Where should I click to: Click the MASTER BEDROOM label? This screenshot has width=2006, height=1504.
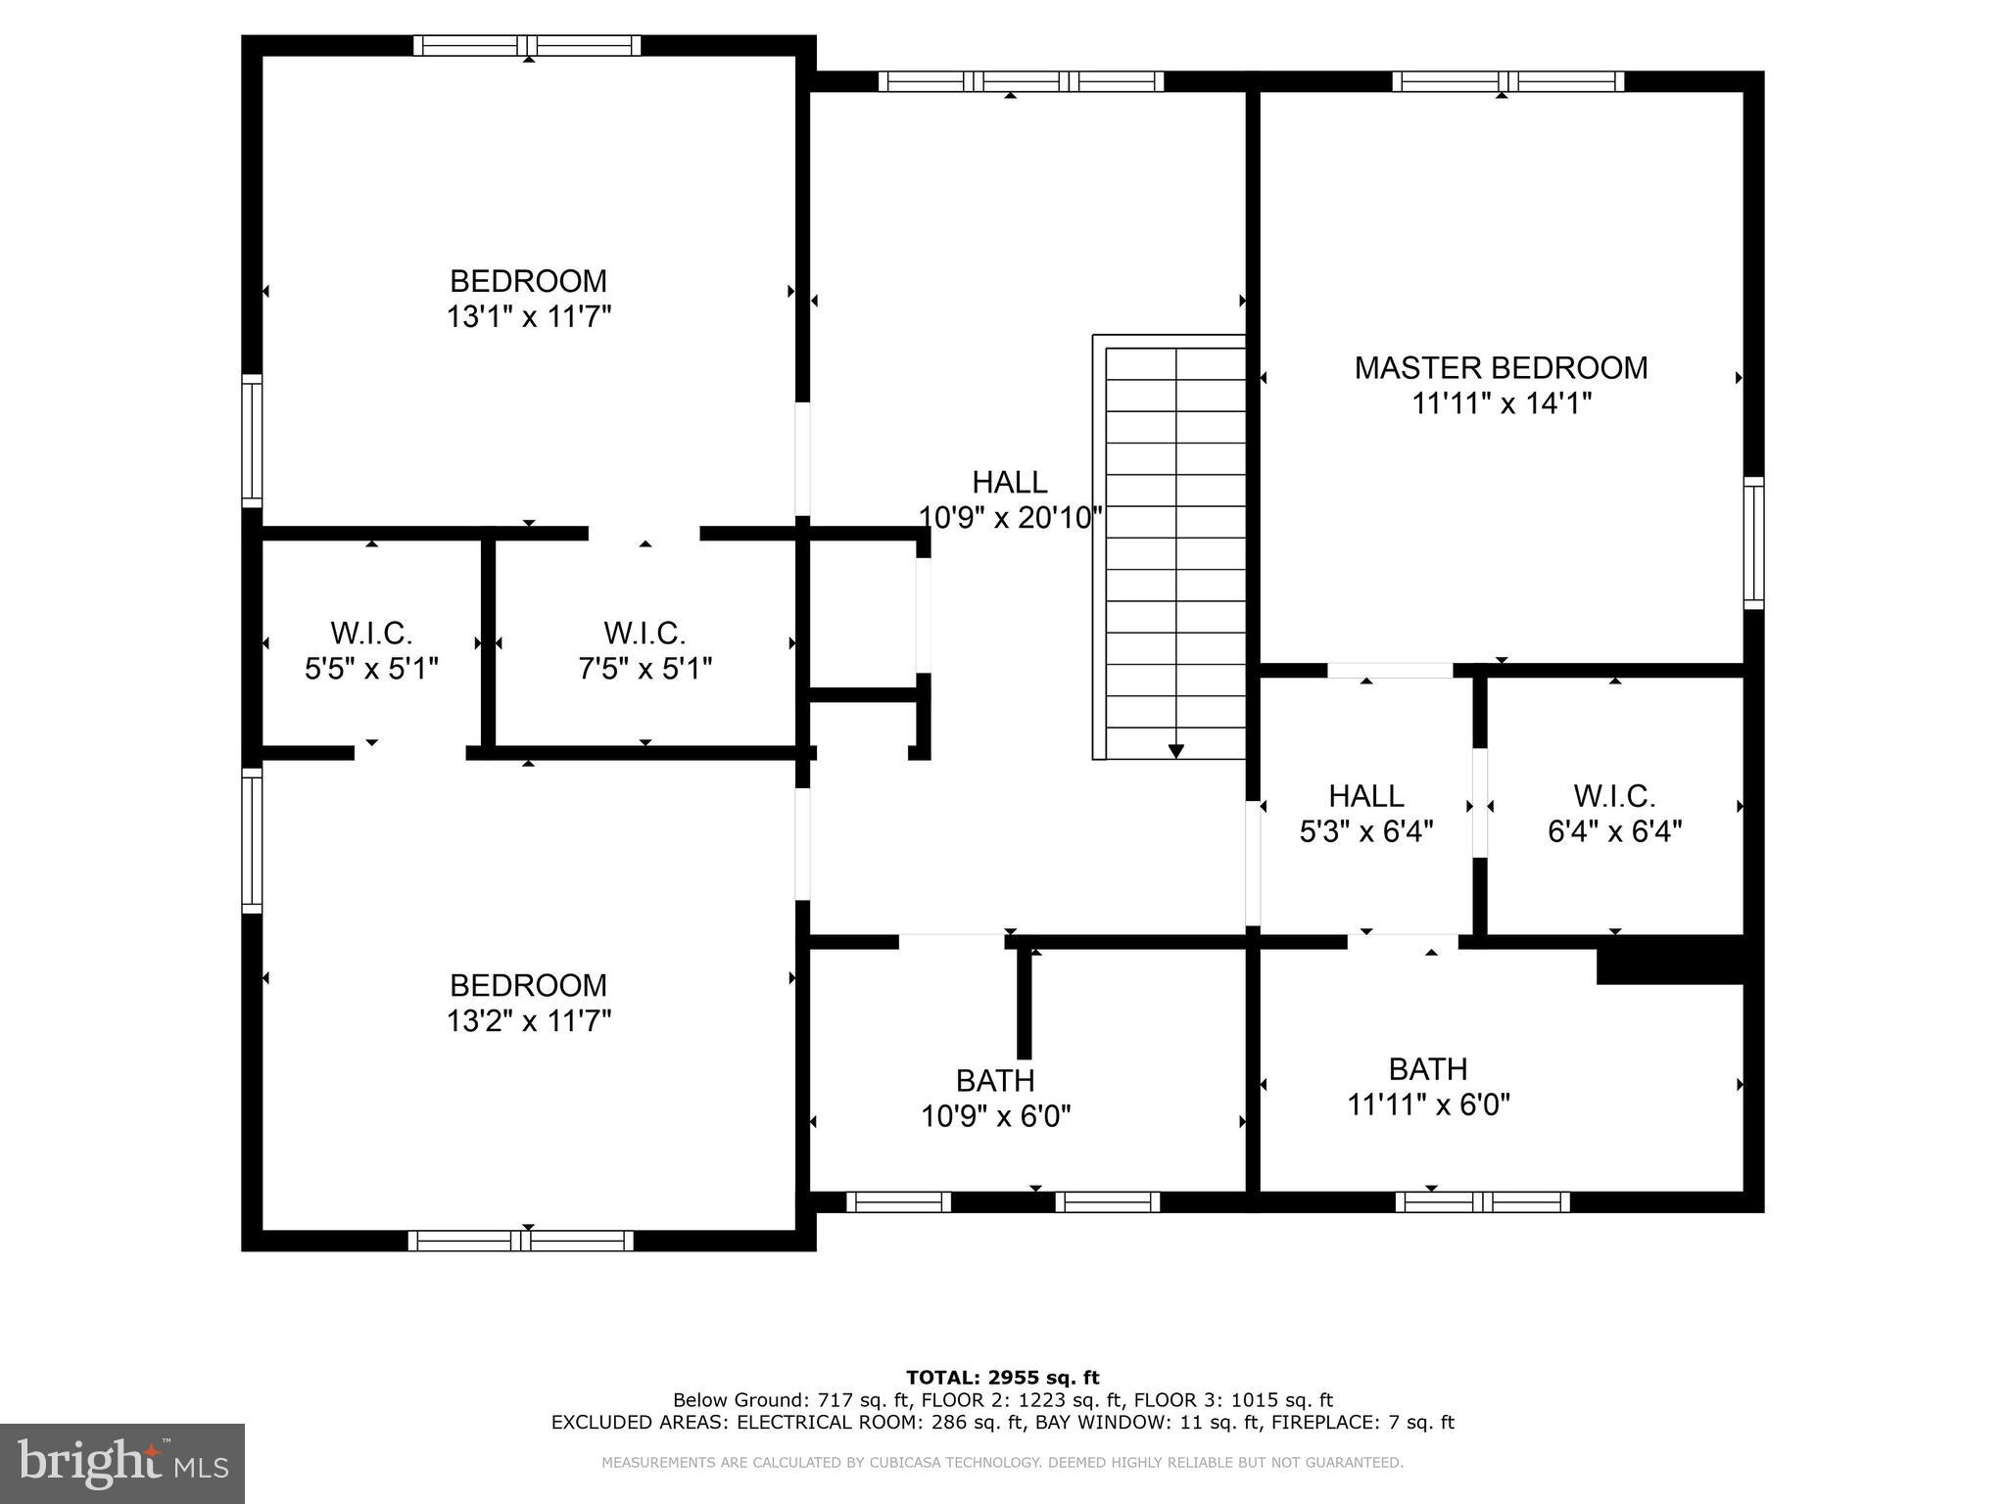coord(1501,368)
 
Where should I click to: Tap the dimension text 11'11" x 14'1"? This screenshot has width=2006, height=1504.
coord(1501,403)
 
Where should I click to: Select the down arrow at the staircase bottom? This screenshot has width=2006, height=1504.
coord(1175,750)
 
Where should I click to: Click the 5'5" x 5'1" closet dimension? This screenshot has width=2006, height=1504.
coord(371,669)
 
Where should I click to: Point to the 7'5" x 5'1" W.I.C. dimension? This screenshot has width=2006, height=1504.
coord(645,669)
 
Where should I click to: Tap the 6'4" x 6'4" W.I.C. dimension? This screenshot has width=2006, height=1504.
coord(1614,831)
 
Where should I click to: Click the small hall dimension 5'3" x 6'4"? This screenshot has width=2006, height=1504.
coord(1365,831)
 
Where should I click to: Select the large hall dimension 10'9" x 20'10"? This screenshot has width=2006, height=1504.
coord(1010,517)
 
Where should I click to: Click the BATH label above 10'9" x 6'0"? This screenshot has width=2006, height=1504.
coord(995,1080)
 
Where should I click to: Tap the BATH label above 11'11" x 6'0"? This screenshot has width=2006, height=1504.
coord(1428,1068)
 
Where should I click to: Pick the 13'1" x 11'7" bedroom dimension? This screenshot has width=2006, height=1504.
coord(529,317)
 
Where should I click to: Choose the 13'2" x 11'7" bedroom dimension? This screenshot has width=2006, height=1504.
coord(529,1021)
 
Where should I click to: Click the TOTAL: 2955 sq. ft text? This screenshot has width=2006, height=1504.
coord(1002,1378)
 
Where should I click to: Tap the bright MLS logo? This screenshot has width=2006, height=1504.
coord(122,1463)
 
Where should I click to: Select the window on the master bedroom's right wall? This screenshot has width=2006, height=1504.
coord(1753,542)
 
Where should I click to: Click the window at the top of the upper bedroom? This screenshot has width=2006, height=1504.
coord(527,46)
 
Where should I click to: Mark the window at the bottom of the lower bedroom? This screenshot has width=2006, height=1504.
coord(520,1241)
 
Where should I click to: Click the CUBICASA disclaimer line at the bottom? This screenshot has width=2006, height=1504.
coord(1002,1463)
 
